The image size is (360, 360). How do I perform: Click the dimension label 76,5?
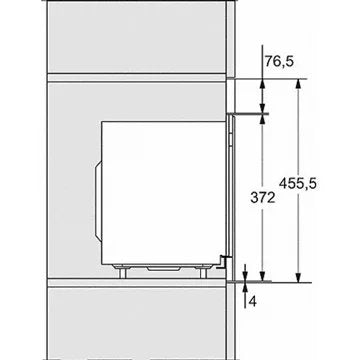point(279,61)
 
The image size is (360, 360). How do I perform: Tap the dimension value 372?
point(263,198)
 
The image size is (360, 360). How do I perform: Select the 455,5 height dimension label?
point(298,183)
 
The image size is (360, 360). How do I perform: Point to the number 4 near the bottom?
point(253,302)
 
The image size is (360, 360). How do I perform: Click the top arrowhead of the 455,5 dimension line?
point(298,83)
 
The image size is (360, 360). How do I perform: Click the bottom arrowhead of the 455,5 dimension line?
point(298,278)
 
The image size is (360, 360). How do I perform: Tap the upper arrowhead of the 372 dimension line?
point(262,120)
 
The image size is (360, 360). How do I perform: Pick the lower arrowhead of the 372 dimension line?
point(262,276)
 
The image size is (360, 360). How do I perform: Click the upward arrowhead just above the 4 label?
point(245,287)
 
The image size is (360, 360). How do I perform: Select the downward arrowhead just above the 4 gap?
point(245,276)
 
